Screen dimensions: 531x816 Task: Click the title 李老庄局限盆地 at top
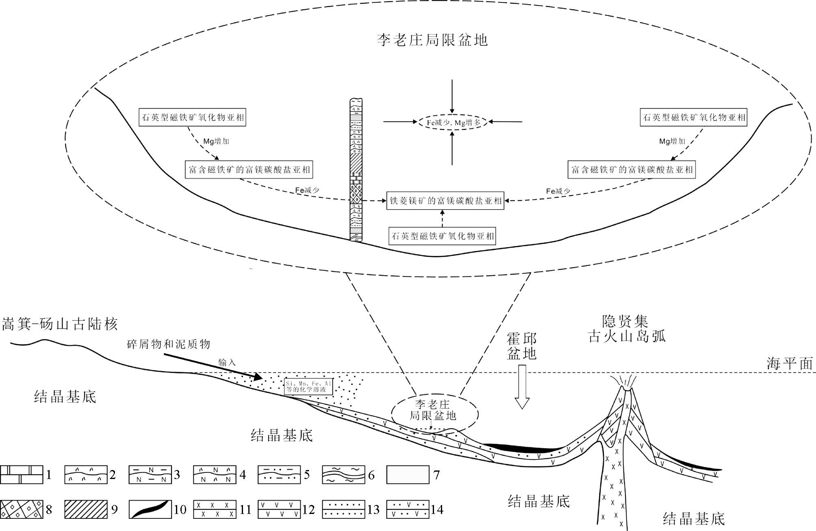432,40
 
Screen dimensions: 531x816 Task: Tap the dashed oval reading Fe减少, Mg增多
453,122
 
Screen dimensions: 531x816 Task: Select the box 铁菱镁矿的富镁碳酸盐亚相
445,201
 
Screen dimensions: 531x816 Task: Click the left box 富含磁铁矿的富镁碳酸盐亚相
250,169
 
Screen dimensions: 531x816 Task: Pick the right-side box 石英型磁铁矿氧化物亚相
694,117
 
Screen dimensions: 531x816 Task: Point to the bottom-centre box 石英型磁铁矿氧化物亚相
442,236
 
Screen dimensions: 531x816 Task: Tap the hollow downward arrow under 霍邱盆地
522,386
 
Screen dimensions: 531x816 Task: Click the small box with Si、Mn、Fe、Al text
308,387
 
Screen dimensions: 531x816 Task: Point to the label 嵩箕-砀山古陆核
60,325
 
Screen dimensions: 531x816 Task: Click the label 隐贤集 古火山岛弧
626,329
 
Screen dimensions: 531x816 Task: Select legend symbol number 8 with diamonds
22,509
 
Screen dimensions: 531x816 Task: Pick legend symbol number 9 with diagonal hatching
86,509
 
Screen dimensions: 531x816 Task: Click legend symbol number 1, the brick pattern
22,475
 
